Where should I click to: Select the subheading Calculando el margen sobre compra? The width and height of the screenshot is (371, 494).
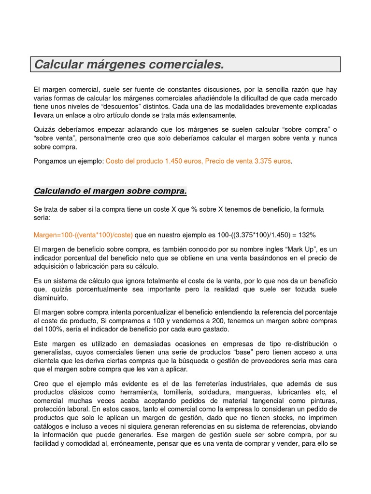pyautogui.click(x=110, y=191)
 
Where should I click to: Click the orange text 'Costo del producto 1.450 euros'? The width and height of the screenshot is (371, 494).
pyautogui.click(x=153, y=161)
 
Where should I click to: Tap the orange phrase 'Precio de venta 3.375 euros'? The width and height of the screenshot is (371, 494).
pyautogui.click(x=248, y=161)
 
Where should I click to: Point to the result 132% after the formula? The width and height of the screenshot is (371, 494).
pyautogui.click(x=306, y=234)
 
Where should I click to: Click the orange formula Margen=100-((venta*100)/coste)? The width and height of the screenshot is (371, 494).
pyautogui.click(x=83, y=234)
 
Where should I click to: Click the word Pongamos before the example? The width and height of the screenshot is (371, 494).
pyautogui.click(x=52, y=161)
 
